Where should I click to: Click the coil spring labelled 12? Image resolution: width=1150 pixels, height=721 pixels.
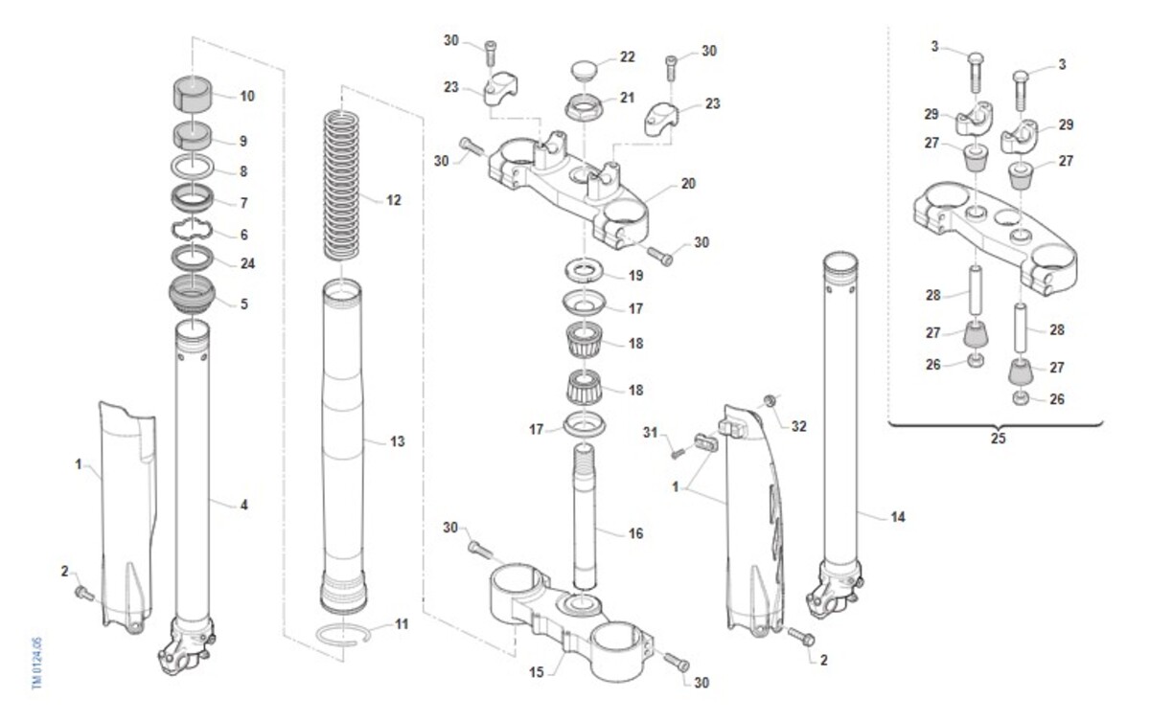click(341, 185)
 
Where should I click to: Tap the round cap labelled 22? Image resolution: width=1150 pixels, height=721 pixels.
click(585, 70)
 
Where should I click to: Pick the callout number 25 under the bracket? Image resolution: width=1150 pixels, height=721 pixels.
click(998, 439)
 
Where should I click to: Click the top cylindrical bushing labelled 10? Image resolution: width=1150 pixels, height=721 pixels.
click(192, 94)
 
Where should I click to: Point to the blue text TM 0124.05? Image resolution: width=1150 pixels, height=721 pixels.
click(36, 663)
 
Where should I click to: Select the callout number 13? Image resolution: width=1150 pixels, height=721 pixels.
click(397, 441)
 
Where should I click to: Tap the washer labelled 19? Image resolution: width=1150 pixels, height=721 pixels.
click(585, 271)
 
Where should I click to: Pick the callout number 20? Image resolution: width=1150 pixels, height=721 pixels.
click(688, 183)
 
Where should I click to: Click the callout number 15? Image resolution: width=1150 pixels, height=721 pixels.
click(536, 672)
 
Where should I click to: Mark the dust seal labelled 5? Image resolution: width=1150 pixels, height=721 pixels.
click(192, 294)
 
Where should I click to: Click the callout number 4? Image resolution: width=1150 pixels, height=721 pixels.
click(243, 505)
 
